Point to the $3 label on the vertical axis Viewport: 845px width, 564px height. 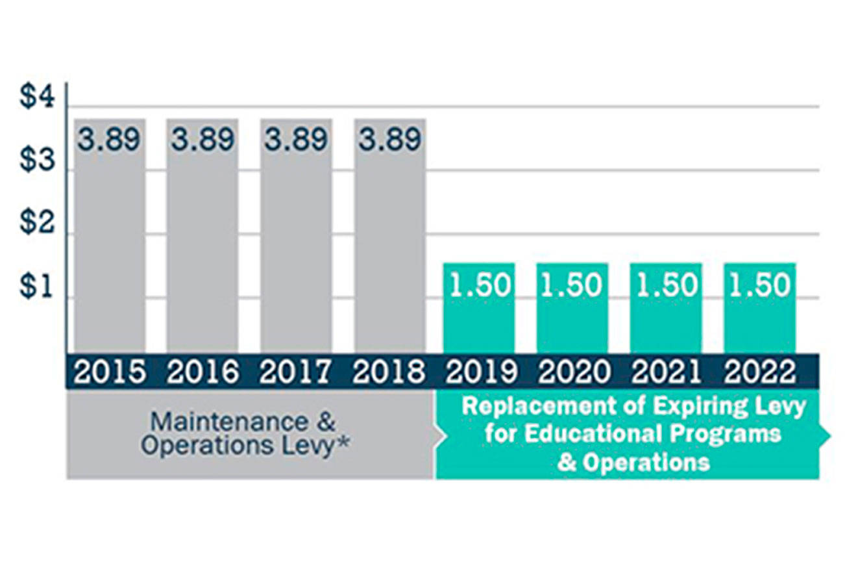coord(38,160)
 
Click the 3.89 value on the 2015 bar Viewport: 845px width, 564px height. coord(109,140)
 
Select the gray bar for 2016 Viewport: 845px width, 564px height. coord(202,247)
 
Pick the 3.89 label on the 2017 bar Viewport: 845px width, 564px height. coord(296,140)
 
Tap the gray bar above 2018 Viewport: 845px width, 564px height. coord(390,247)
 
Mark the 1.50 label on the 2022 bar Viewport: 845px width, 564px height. coord(759,286)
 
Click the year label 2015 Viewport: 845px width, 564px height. coord(109,373)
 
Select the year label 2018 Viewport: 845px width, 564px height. coord(389,373)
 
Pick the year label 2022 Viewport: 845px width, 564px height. coord(760,373)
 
